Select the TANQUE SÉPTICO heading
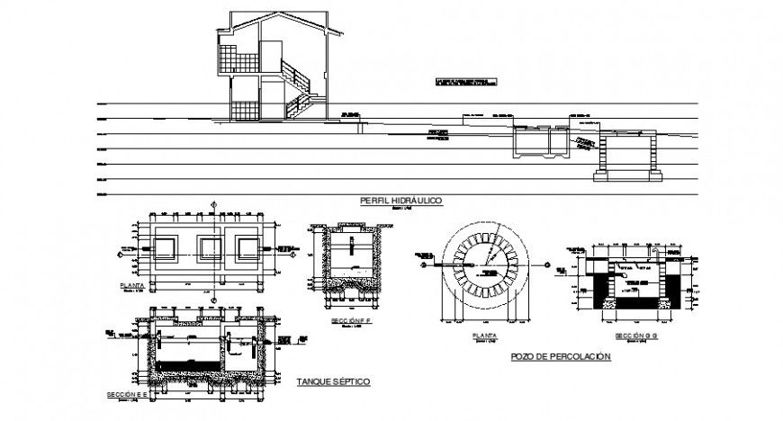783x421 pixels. click(x=333, y=381)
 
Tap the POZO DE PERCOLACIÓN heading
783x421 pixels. click(x=560, y=357)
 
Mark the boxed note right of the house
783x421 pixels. click(x=463, y=83)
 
